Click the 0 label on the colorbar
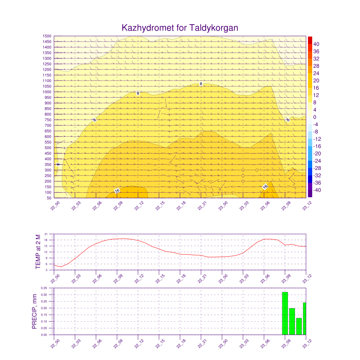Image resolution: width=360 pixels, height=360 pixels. pos(315,117)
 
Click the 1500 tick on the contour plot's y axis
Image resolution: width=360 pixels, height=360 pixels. pos(47,36)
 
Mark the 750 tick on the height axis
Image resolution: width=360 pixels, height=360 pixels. pos(48,120)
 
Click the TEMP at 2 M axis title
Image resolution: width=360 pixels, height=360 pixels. pos(38,252)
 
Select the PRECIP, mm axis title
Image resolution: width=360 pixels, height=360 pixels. pos(34,311)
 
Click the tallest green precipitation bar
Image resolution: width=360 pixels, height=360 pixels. pos(285,313)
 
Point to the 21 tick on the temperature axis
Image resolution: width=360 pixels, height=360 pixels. pos(46,234)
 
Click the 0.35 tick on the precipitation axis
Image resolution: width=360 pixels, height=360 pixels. pos(44,288)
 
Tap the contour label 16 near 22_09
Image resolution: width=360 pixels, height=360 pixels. pos(117,191)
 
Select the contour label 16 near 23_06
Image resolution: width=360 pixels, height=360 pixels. pos(265,187)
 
